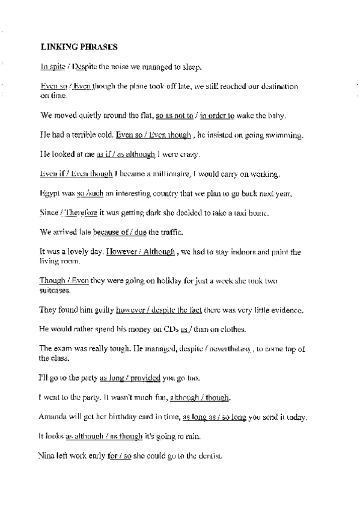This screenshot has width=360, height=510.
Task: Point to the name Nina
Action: (49, 456)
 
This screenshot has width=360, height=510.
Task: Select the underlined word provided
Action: (144, 378)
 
